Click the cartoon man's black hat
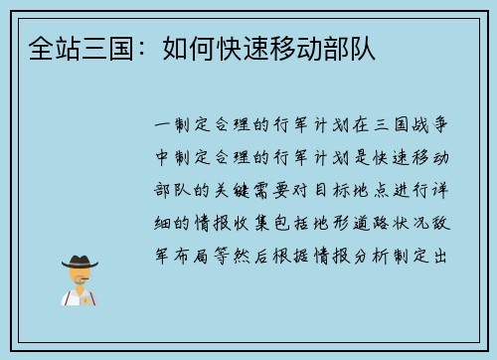tap(80, 262)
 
